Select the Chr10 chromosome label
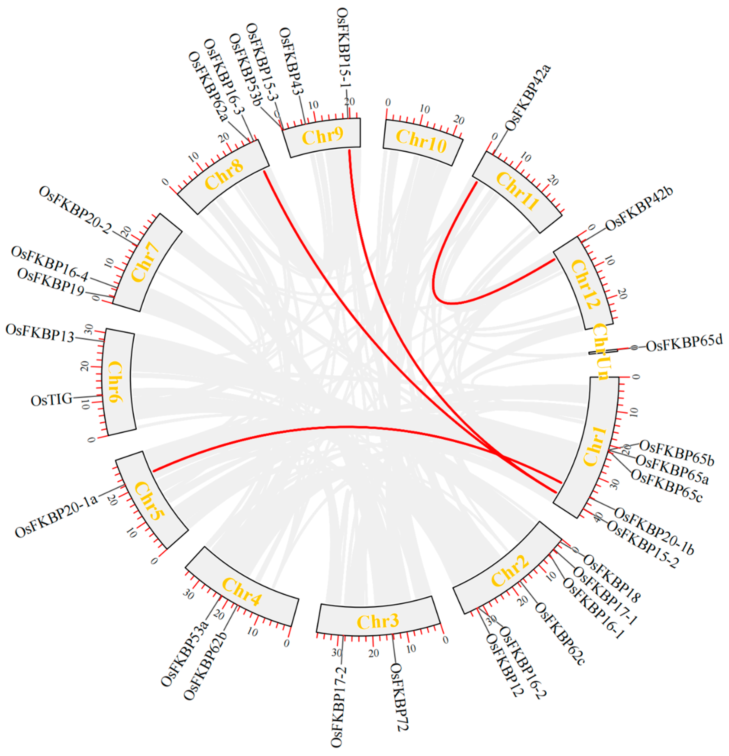click(x=421, y=141)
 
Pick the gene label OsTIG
click(x=51, y=400)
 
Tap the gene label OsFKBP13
click(x=40, y=333)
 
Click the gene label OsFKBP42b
click(x=639, y=209)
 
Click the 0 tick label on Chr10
click(x=388, y=102)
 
